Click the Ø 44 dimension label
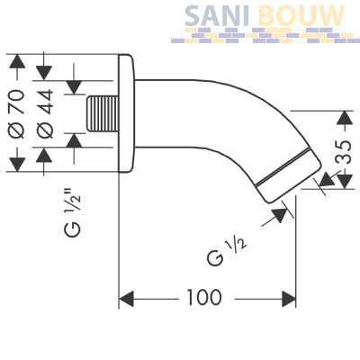pos(45,114)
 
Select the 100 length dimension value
pos(204,297)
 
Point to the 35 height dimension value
pos(344,152)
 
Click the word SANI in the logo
pos(216,15)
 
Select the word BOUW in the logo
pos(301,15)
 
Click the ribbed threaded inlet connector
pos(102,113)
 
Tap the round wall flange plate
pos(126,113)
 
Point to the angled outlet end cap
pos(288,175)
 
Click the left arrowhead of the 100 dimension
pos(126,299)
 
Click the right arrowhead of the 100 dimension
pos(289,299)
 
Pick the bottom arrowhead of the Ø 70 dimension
pos(17,165)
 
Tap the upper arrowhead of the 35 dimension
pos(345,118)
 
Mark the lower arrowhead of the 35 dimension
pos(345,182)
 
